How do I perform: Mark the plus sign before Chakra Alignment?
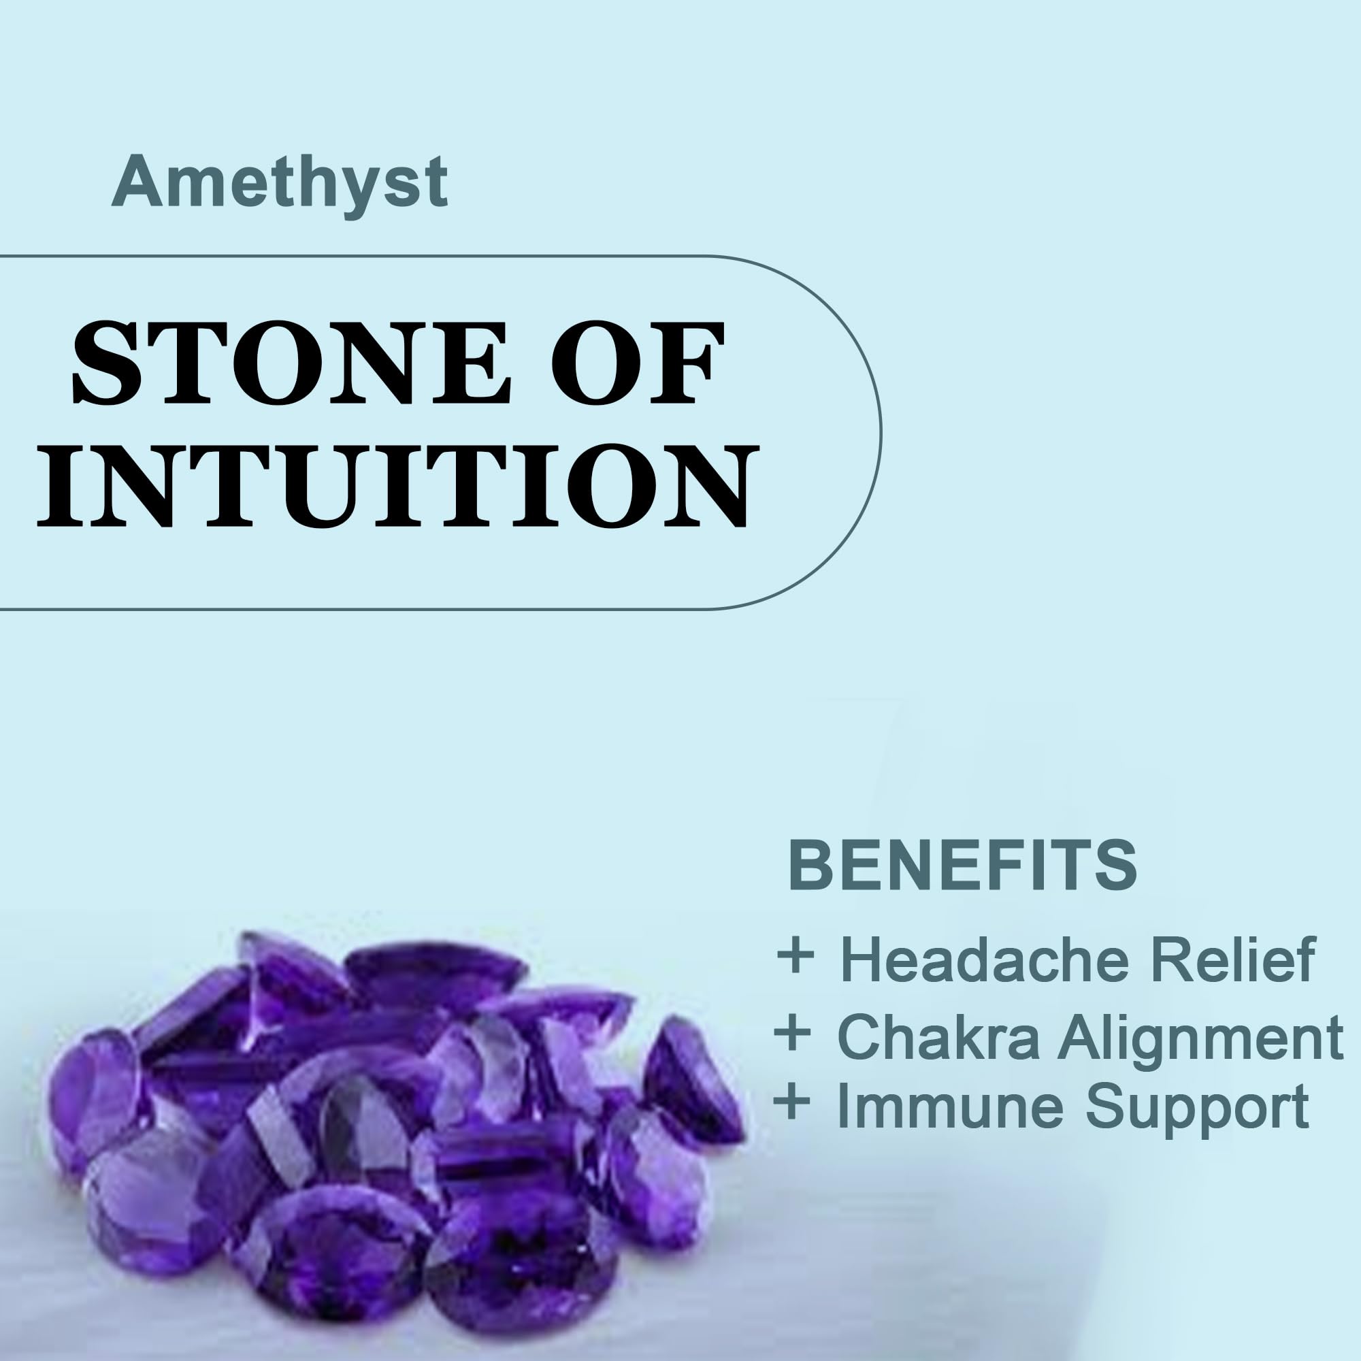pos(793,1035)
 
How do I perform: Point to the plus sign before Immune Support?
pos(793,1103)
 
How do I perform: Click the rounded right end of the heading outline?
pos(881,433)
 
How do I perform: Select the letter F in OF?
pos(686,363)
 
